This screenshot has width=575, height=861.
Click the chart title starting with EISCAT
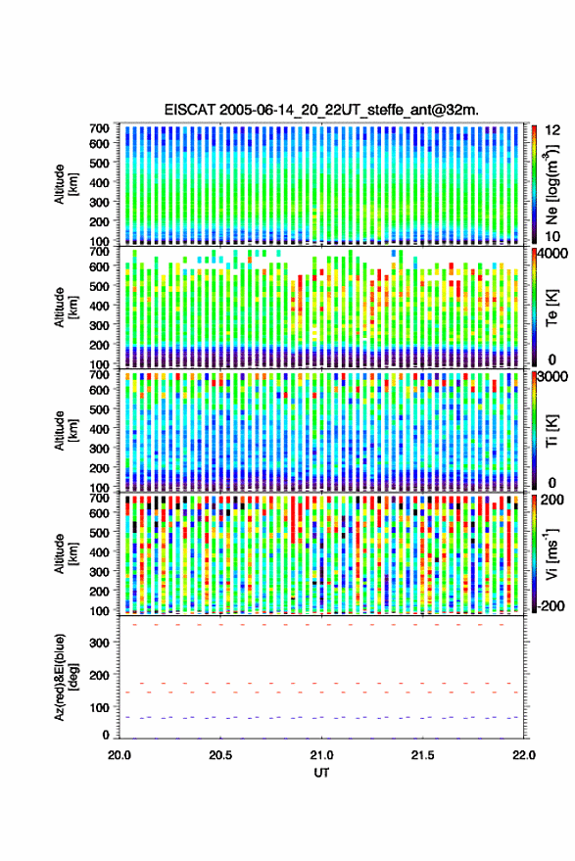coord(321,110)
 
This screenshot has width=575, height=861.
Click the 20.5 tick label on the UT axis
coord(220,755)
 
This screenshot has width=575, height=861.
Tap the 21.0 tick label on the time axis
coord(321,755)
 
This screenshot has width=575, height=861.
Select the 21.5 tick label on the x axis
coord(422,755)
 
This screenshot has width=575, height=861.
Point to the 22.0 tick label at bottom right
coord(524,755)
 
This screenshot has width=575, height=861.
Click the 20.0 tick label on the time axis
coord(120,755)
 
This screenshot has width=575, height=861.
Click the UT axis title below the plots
coord(321,773)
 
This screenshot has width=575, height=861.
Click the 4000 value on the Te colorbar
coord(551,253)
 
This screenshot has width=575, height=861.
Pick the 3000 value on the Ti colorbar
coord(551,377)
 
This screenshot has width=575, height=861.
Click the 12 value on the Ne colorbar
coord(552,130)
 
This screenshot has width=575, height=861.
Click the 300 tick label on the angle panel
coord(99,643)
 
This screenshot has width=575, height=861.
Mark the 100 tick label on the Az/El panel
coord(99,707)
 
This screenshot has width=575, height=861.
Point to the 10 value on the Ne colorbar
coord(552,237)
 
